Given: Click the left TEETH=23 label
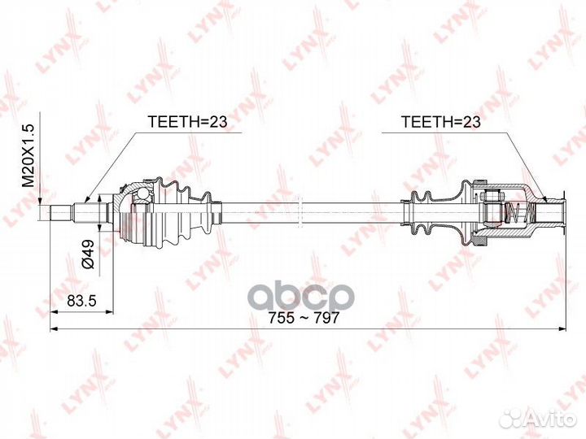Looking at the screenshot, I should (186, 122).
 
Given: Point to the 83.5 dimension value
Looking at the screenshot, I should (81, 301).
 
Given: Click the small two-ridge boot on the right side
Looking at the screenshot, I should (420, 213).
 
